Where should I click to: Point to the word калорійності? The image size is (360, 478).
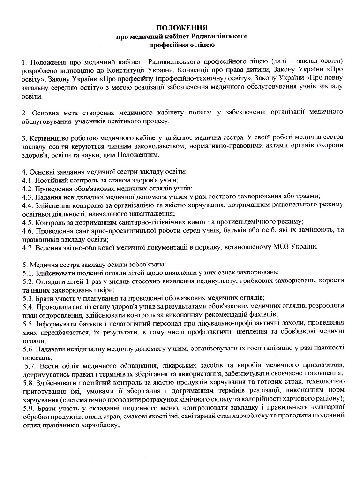tap(274, 399)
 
